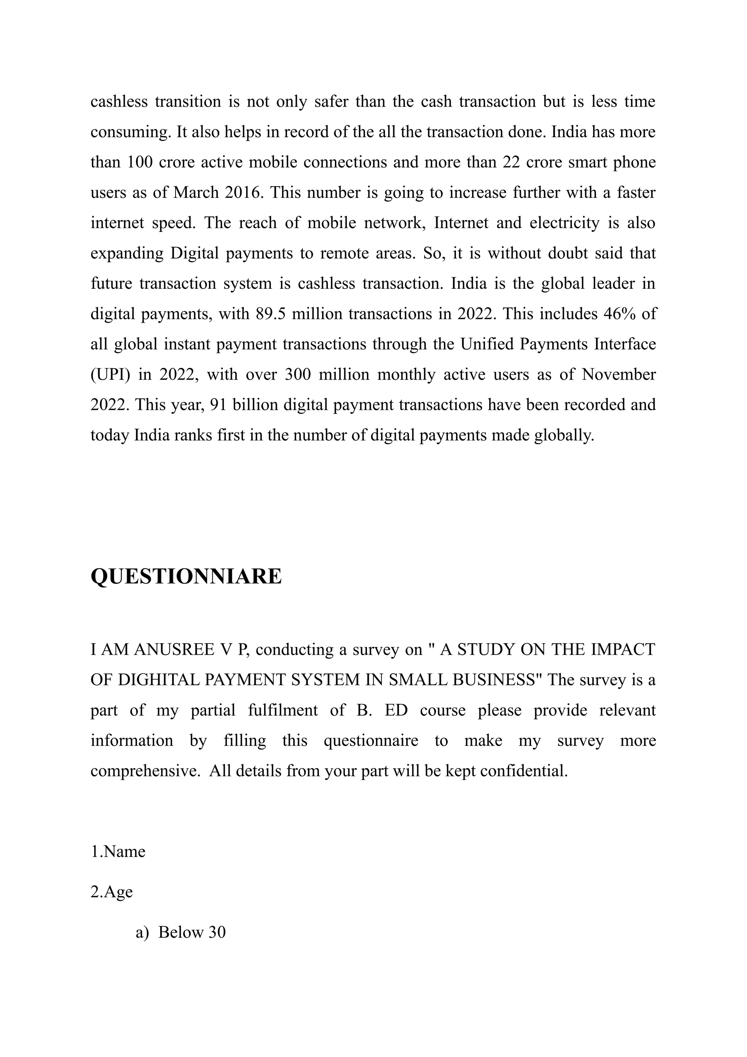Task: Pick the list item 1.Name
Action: pos(118,852)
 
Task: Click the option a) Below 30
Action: pos(180,932)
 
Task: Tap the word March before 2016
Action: pos(196,192)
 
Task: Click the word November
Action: pos(619,375)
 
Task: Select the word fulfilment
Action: pos(282,710)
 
